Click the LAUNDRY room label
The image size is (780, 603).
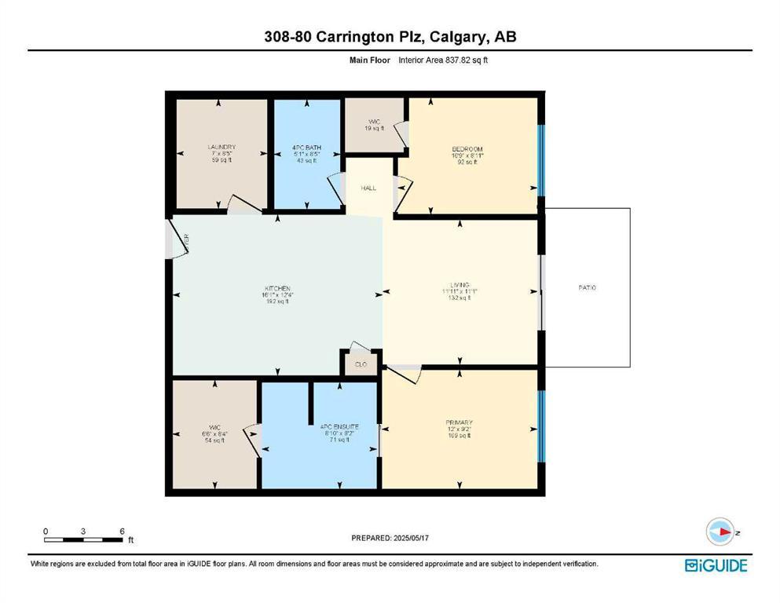(x=222, y=147)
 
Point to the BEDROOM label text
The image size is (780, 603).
(x=467, y=149)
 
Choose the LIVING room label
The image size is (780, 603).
(x=460, y=284)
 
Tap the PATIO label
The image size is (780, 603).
(x=588, y=288)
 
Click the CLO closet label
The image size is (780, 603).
(x=361, y=364)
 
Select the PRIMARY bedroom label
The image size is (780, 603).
(x=459, y=422)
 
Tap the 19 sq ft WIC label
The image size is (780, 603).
(x=375, y=122)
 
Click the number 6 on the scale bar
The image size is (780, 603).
(x=122, y=532)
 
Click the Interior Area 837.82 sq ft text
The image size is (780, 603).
(x=444, y=60)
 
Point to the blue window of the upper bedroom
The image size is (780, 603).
(x=540, y=159)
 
